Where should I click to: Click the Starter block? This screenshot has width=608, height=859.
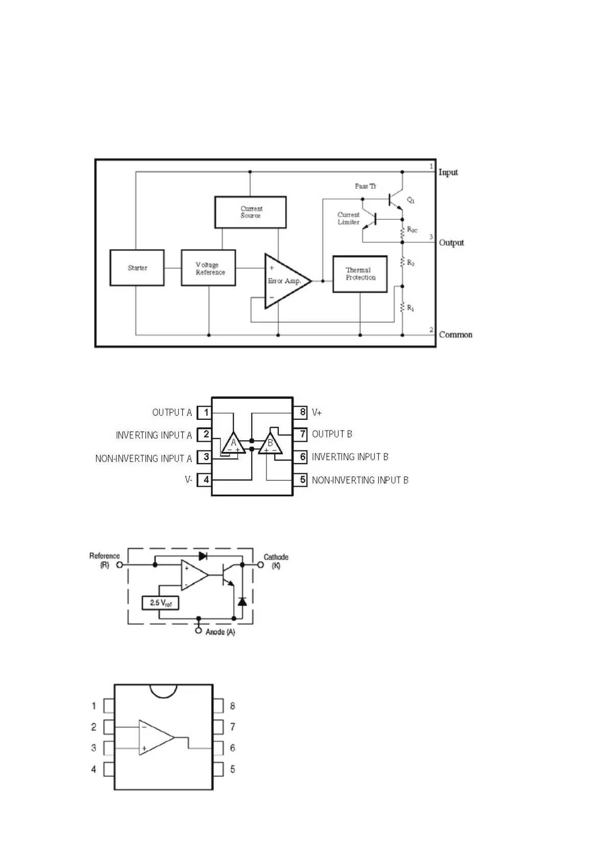pyautogui.click(x=137, y=268)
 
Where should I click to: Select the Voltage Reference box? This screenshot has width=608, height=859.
pyautogui.click(x=208, y=268)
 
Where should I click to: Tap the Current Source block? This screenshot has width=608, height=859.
pyautogui.click(x=250, y=212)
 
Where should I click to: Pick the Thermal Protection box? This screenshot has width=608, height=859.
pyautogui.click(x=360, y=274)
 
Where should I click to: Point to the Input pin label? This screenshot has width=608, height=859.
pyautogui.click(x=448, y=172)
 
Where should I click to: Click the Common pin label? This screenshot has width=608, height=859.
pyautogui.click(x=455, y=335)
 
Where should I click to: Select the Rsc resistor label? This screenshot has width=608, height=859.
pyautogui.click(x=412, y=230)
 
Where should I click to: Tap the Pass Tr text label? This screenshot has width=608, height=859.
pyautogui.click(x=366, y=186)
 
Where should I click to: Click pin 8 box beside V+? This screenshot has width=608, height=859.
pyautogui.click(x=302, y=412)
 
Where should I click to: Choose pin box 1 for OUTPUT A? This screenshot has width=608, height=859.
pyautogui.click(x=205, y=412)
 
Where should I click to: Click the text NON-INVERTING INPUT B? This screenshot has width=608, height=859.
pyautogui.click(x=360, y=480)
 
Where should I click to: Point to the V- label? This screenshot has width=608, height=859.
pyautogui.click(x=189, y=480)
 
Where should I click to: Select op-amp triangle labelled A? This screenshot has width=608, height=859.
pyautogui.click(x=234, y=442)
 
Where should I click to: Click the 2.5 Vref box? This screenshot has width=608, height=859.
pyautogui.click(x=160, y=603)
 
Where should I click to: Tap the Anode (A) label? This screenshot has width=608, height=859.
pyautogui.click(x=220, y=632)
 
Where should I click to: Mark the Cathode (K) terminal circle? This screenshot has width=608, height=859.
pyautogui.click(x=260, y=565)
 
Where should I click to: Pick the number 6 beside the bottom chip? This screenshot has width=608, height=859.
pyautogui.click(x=233, y=748)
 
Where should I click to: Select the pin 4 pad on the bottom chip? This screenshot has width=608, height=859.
pyautogui.click(x=109, y=769)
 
